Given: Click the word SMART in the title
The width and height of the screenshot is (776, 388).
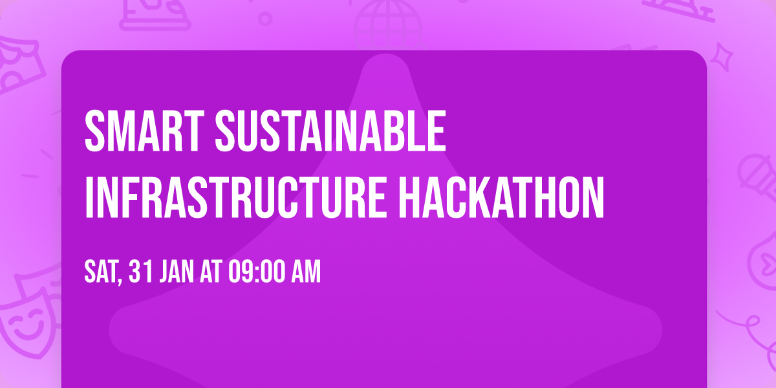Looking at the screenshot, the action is (144, 131).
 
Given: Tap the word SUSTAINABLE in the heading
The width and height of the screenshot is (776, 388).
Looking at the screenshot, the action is (330, 131).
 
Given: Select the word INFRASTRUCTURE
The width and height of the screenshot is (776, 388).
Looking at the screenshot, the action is (236, 197).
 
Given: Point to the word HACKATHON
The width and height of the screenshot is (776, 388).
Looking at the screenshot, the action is (502, 197).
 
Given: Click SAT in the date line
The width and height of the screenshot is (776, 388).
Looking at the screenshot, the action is (100, 272).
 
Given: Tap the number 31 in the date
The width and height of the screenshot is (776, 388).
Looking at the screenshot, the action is (141, 272).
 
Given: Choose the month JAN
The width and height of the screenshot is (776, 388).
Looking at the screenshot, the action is (177, 272).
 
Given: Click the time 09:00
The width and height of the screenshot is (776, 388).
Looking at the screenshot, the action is (257, 272).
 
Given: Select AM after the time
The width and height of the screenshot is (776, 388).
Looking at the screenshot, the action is (307, 272).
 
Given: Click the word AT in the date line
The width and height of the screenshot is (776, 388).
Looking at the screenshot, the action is (211, 272).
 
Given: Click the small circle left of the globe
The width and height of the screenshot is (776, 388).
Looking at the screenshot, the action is (265, 19).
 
